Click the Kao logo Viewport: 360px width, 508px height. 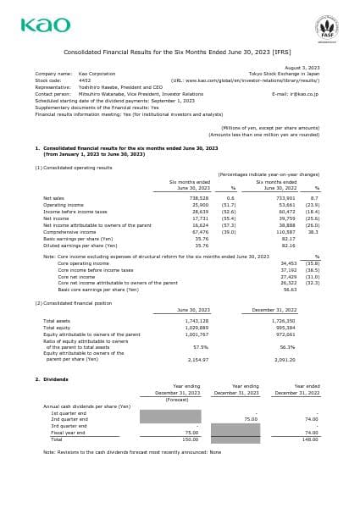point(46,25)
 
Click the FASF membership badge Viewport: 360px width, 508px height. point(326,27)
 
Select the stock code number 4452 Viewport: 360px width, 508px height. point(85,80)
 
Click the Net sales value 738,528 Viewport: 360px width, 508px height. point(197,198)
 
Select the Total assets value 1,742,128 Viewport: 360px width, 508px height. point(197,321)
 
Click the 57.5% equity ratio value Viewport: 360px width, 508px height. point(201,346)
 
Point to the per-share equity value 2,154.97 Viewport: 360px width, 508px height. point(197,359)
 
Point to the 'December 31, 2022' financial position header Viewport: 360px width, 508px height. point(274,310)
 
